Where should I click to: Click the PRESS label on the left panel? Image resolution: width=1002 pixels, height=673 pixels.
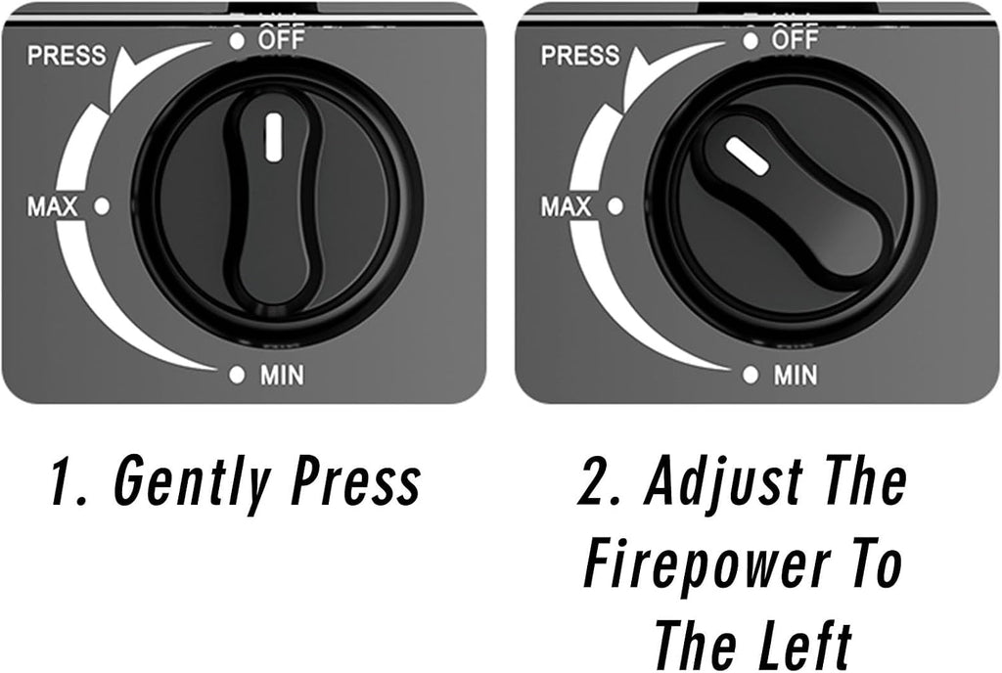pos(67,56)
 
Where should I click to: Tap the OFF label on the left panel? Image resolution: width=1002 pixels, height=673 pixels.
pos(281,39)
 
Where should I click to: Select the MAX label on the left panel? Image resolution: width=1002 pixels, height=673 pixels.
pos(53,206)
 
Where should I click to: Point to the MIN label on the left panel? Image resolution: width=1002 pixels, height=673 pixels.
pos(282,376)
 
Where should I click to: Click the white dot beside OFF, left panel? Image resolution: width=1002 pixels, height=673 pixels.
pos(237,41)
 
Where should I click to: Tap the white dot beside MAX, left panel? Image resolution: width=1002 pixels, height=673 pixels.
pos(102,206)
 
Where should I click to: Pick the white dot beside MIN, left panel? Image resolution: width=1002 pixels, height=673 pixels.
pos(237,375)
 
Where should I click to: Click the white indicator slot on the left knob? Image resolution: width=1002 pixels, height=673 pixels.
pos(274,137)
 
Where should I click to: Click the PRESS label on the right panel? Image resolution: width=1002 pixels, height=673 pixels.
pos(580,56)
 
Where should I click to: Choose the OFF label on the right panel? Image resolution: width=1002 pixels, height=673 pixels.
pos(795,39)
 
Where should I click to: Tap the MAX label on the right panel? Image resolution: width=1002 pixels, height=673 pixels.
pos(567,206)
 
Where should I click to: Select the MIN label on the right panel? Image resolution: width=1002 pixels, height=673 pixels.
pos(796,376)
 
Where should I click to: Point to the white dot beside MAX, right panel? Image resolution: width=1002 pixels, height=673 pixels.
pos(615,206)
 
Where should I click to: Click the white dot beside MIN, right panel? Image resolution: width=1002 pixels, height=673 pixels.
pos(751,375)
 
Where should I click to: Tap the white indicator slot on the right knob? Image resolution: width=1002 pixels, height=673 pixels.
pos(747,156)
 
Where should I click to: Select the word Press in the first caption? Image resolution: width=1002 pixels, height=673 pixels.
pos(356,479)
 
